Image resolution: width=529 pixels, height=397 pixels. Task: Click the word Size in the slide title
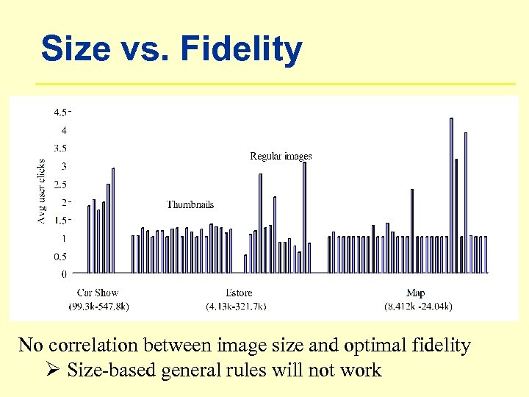[x=71, y=49]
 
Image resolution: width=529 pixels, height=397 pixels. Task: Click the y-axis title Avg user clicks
[x=41, y=191]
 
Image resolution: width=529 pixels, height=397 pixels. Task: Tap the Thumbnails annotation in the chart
[x=190, y=204]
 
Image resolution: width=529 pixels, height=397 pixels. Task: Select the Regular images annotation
[x=281, y=156]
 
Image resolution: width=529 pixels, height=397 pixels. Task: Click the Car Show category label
[x=98, y=293]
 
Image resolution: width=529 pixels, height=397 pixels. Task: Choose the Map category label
[x=415, y=293]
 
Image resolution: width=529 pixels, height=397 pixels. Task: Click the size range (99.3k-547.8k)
[x=99, y=306]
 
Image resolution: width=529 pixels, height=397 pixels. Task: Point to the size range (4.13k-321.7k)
[x=236, y=306]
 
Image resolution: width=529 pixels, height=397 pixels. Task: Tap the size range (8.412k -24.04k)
[x=418, y=306]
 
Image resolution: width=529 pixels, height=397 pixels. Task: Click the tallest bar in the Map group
[x=451, y=196]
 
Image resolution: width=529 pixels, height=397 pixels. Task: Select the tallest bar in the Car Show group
[x=112, y=221]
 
